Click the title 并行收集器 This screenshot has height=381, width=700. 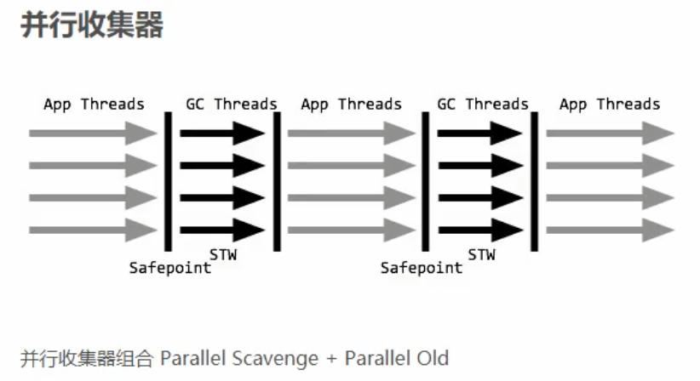91,25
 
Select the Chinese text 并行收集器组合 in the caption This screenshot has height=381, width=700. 86,358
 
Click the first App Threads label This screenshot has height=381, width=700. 94,105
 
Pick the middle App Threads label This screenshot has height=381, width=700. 351,105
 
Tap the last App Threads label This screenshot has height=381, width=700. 610,105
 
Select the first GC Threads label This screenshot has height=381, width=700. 232,105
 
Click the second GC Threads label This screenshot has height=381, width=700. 483,105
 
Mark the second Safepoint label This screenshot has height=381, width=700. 422,268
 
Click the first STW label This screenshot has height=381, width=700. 223,253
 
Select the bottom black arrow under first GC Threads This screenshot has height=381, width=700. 222,229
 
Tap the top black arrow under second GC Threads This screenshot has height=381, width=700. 479,133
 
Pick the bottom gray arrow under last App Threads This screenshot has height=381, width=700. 610,229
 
